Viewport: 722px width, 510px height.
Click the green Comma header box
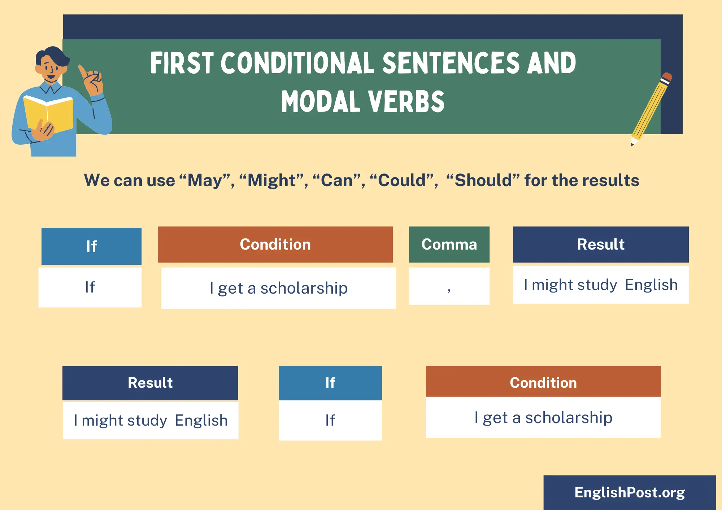pos(449,245)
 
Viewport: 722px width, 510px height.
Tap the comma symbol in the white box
pos(449,290)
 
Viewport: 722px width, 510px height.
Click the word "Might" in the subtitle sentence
pos(272,180)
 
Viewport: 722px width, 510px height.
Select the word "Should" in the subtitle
pos(483,180)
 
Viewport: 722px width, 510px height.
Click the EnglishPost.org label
pos(630,492)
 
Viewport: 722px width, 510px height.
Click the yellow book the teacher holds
pos(48,113)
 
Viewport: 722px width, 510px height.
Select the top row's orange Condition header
pos(275,245)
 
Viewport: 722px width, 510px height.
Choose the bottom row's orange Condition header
pos(543,382)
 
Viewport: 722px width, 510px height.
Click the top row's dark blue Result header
pos(601,245)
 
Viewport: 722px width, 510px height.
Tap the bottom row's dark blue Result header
pos(150,383)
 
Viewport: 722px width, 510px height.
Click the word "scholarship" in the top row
pos(304,288)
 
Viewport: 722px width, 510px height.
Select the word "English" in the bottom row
pos(201,421)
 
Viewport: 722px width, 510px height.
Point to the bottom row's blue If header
pos(330,383)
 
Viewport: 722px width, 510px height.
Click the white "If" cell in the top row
pos(90,287)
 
